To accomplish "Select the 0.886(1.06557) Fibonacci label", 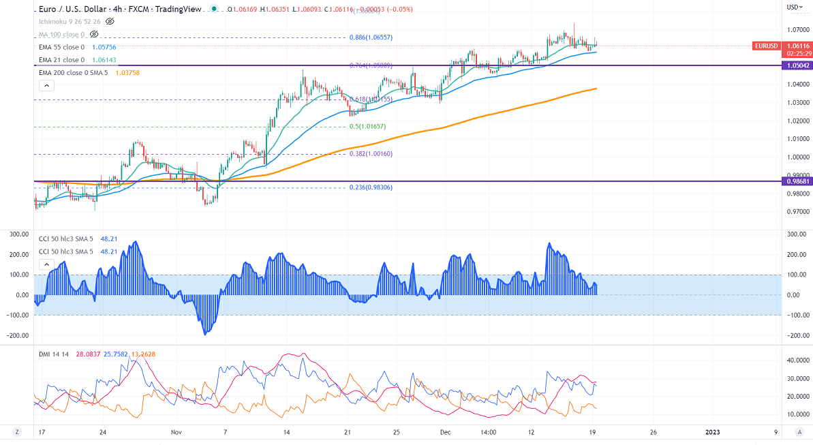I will tap(371, 37).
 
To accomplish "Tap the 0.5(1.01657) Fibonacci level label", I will tap(368, 127).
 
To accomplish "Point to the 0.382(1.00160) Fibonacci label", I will tap(371, 154).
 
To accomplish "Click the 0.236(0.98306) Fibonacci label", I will tap(371, 187).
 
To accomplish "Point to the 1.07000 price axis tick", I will tap(797, 30).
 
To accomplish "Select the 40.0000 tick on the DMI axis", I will tap(797, 360).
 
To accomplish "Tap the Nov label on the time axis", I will tap(177, 432).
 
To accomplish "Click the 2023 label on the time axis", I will tap(712, 432).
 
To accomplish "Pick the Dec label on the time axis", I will tap(444, 432).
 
